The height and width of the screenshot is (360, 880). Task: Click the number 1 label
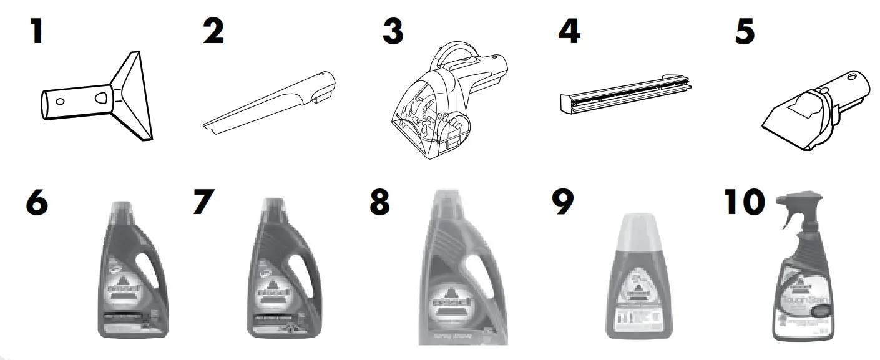(x=37, y=32)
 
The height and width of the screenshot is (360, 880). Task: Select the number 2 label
(x=213, y=32)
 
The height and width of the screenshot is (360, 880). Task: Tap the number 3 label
(x=393, y=32)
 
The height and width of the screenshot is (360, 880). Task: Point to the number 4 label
(x=569, y=32)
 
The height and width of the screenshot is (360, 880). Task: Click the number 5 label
(x=745, y=32)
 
